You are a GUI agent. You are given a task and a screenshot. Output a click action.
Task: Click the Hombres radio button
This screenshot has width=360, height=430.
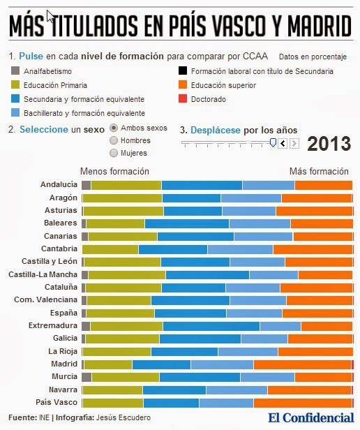tap(114, 140)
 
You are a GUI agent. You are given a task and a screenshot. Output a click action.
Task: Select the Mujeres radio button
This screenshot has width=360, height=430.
tap(114, 153)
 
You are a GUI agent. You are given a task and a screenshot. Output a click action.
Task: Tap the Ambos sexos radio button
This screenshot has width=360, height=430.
tap(114, 128)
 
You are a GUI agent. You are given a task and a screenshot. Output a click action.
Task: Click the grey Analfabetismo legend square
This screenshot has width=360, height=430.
tap(15, 71)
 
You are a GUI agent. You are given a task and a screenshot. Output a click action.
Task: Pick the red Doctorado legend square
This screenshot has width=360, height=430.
tap(183, 98)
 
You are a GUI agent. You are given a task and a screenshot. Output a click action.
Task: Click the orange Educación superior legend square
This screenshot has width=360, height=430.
tap(183, 84)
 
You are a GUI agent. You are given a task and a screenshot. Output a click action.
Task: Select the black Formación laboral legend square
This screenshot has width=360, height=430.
tap(183, 71)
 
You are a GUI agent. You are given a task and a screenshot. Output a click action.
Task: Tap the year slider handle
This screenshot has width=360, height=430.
tap(273, 142)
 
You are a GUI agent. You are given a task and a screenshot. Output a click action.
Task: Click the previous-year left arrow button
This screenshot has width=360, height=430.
tap(283, 143)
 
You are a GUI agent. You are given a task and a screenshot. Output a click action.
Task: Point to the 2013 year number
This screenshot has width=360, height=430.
tap(329, 143)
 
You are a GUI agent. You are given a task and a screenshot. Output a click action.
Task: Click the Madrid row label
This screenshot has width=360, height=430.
tap(64, 364)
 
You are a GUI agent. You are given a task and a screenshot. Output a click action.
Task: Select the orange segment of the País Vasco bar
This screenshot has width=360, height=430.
tap(303, 403)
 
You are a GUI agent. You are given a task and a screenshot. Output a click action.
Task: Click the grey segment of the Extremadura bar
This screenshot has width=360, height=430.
tap(86, 327)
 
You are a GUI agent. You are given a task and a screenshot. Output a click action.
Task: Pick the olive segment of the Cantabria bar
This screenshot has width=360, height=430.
tap(110, 250)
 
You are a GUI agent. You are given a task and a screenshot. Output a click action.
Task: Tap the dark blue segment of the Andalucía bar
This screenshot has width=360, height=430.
tap(202, 186)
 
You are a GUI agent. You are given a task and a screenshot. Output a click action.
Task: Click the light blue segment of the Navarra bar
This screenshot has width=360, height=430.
tap(237, 390)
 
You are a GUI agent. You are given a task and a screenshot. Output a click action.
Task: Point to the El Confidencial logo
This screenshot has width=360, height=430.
tap(311, 418)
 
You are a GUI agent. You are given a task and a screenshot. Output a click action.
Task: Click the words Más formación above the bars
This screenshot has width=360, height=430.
tap(319, 172)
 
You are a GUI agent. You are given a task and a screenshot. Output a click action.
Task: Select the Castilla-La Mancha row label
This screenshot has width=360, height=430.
tap(43, 274)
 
